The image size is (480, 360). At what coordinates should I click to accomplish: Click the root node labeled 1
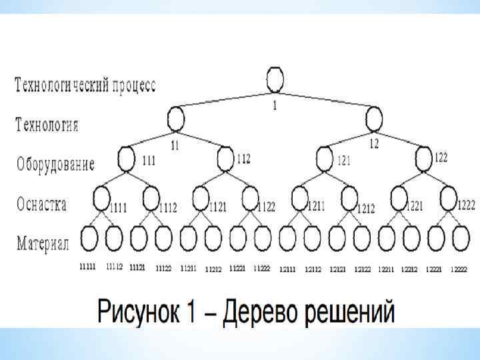pos(275,79)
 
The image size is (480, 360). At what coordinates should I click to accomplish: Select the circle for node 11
pos(175,119)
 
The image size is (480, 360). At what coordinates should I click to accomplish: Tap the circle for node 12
pos(373,119)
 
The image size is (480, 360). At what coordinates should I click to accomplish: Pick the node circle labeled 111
pos(126,159)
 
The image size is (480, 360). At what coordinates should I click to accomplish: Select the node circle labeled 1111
pos(101,198)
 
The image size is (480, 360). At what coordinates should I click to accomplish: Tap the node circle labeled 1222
pos(448,197)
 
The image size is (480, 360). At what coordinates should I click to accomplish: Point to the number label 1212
pos(366,209)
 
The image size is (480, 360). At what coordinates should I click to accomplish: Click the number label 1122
pos(265,207)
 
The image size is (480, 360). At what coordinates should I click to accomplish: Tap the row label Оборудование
pos(56,164)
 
